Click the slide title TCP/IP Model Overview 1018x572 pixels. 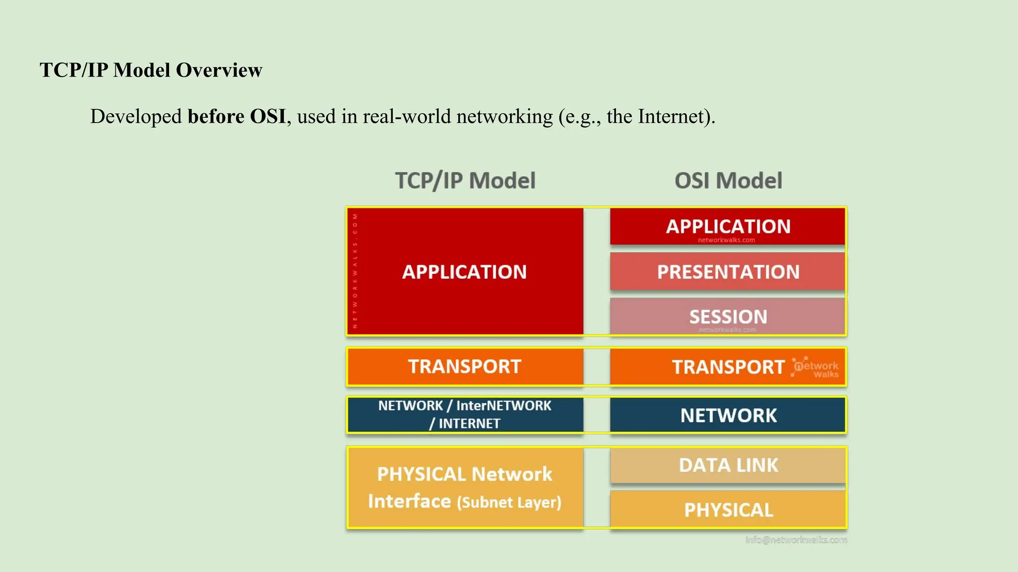[x=151, y=70]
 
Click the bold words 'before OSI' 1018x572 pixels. [x=237, y=117]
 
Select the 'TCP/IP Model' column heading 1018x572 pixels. [x=465, y=181]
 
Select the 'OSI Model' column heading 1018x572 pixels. [x=728, y=181]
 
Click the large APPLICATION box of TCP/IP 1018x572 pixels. [x=465, y=272]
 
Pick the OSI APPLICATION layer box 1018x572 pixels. [x=728, y=226]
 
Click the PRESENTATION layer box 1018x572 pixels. [x=728, y=272]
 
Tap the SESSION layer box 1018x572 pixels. [x=728, y=316]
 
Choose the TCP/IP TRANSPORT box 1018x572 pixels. [x=465, y=366]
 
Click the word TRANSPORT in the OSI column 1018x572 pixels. [x=728, y=367]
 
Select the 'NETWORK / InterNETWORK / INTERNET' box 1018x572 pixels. [x=465, y=415]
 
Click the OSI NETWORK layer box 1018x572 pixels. [x=728, y=415]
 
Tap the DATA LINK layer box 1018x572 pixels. [x=728, y=465]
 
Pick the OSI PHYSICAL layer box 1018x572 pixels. [x=728, y=510]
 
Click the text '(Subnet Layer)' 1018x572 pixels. [x=509, y=502]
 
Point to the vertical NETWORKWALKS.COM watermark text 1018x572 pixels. [x=355, y=271]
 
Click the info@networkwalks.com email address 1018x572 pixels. [x=796, y=540]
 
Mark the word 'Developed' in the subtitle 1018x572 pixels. [x=136, y=117]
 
